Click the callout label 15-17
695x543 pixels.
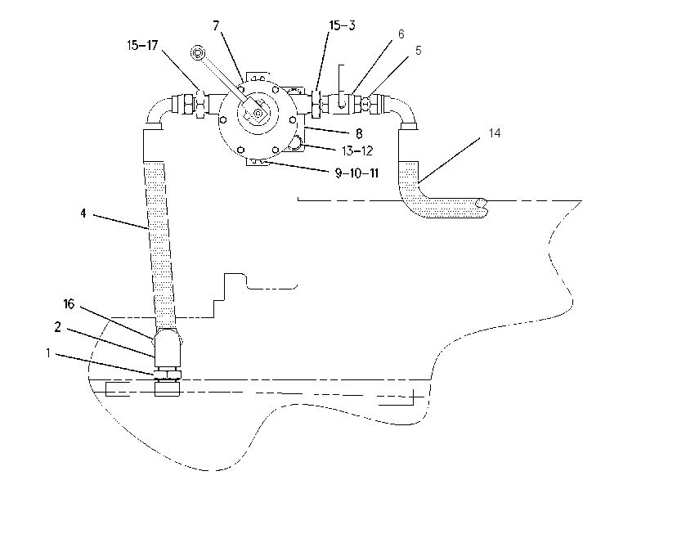point(142,45)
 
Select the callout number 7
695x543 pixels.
point(216,25)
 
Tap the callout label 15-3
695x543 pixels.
point(342,25)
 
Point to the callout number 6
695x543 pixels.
point(401,34)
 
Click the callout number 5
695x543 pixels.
point(418,51)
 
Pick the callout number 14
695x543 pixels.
point(495,133)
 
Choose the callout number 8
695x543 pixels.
point(359,133)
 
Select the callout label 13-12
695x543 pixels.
point(356,150)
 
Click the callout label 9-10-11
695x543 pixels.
point(356,173)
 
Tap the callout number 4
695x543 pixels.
point(83,213)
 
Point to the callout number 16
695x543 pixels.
point(69,304)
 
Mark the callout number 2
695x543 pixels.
point(57,327)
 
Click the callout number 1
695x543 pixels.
point(48,353)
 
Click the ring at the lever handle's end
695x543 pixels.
point(198,53)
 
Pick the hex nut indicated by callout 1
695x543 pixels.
point(168,375)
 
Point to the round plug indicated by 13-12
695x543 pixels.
point(294,143)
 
